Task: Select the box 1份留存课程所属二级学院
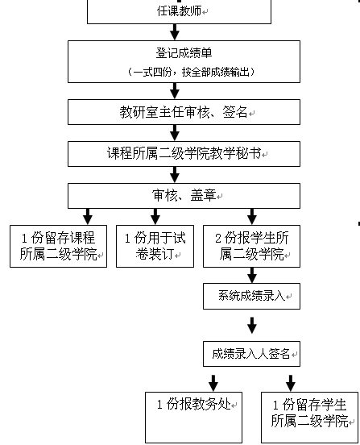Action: (x=57, y=246)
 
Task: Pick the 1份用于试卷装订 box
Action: (x=155, y=246)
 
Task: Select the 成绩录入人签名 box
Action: (x=250, y=353)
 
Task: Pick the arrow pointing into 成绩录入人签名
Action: (x=251, y=326)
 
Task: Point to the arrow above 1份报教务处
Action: (x=214, y=380)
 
